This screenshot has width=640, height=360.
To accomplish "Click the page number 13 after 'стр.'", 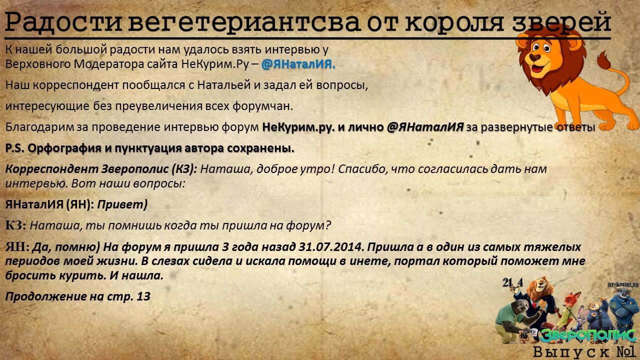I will pos(143,296).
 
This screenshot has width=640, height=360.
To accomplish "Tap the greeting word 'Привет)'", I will pos(122,204).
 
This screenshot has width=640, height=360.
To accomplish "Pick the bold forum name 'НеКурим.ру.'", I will pos(298,127).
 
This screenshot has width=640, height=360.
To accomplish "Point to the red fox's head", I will pos(568,300).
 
